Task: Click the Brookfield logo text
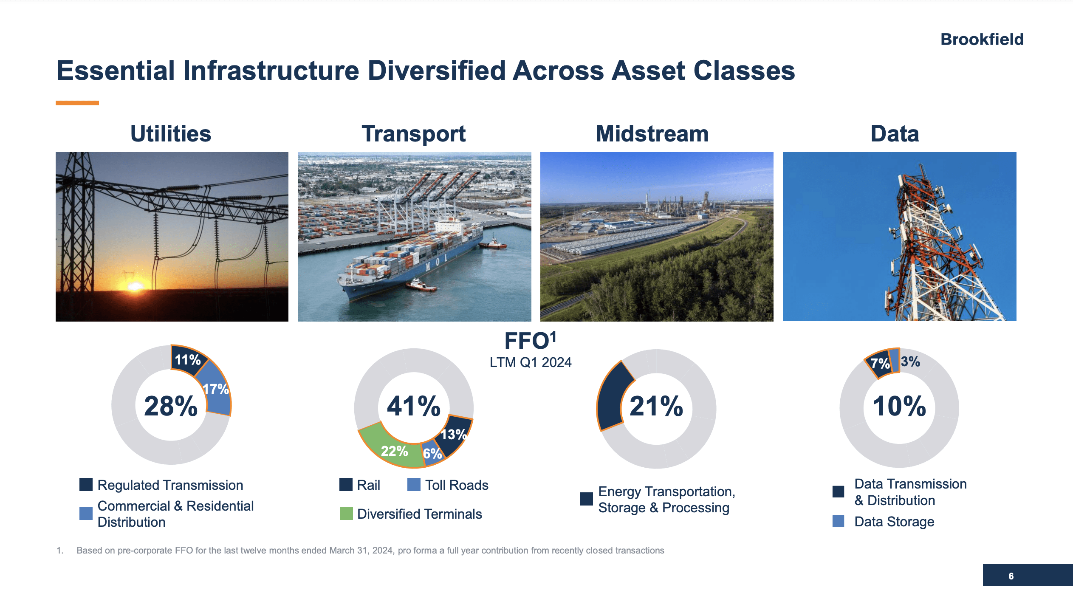(x=982, y=40)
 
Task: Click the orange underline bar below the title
(x=77, y=103)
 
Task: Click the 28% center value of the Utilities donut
(x=171, y=406)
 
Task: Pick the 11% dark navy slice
(x=187, y=360)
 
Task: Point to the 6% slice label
(x=432, y=454)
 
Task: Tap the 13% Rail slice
(x=453, y=434)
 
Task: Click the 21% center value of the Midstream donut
(x=656, y=406)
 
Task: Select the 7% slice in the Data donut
(x=879, y=364)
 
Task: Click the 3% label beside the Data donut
(x=910, y=362)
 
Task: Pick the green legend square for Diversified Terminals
(x=346, y=514)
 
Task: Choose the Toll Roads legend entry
(x=457, y=485)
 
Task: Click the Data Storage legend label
(x=894, y=522)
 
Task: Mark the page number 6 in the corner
(x=1011, y=576)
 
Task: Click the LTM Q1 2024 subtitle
(x=530, y=362)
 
